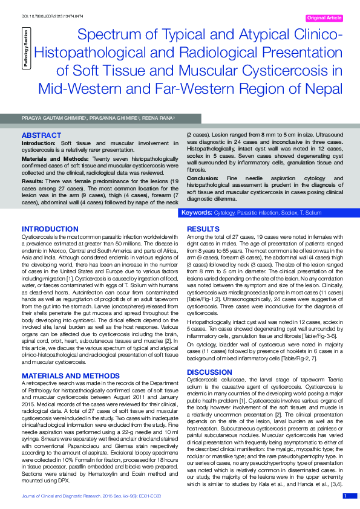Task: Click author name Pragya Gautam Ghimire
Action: [53, 118]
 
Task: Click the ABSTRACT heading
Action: [41, 135]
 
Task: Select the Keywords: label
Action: [197, 213]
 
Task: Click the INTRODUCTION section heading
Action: [50, 229]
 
